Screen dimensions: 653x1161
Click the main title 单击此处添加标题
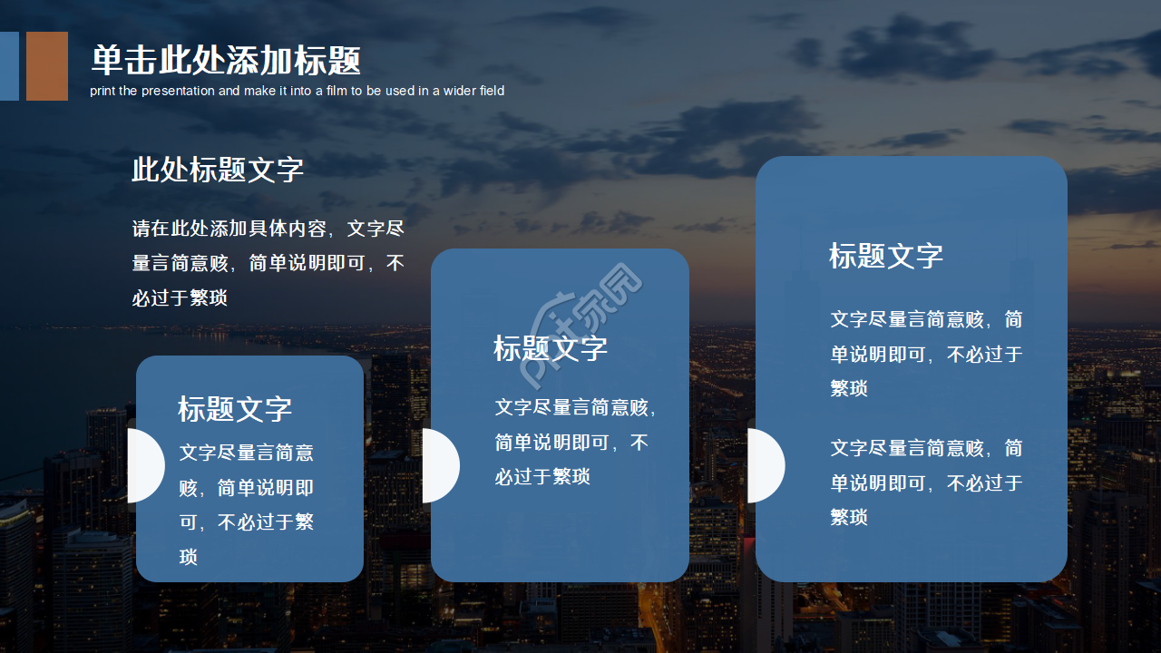[x=226, y=61]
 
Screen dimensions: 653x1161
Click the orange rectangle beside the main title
[x=47, y=65]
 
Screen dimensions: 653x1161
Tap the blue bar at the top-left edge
[x=8, y=65]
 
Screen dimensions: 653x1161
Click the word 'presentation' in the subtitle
[x=178, y=91]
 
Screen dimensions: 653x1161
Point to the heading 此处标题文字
[x=218, y=170]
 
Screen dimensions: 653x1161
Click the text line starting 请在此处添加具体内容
[x=268, y=229]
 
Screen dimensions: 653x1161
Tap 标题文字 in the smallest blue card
[x=235, y=408]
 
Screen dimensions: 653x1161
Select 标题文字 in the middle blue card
[x=551, y=347]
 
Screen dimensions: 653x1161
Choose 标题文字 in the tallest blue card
[x=886, y=256]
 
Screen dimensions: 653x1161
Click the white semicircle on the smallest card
[x=145, y=465]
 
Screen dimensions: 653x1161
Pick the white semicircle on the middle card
[x=440, y=465]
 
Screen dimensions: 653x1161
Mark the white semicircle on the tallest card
[x=765, y=465]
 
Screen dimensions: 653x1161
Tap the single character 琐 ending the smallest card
[x=189, y=557]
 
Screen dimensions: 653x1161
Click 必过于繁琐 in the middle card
[x=542, y=476]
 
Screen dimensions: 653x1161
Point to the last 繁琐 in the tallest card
[x=850, y=517]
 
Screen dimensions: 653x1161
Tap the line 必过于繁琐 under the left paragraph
[x=180, y=297]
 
